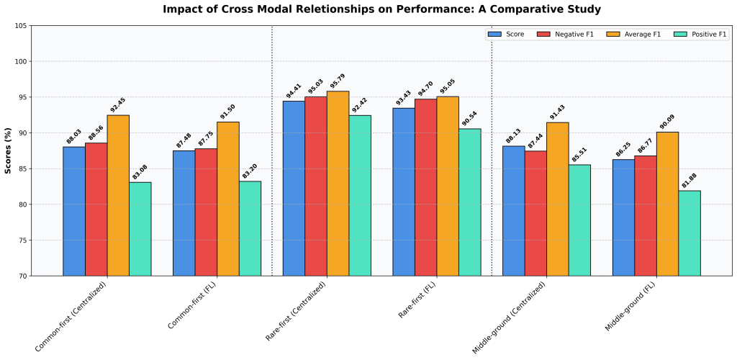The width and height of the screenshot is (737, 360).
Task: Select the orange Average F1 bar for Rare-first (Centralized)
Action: point(338,184)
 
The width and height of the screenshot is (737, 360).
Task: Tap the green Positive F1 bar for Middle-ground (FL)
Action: point(689,233)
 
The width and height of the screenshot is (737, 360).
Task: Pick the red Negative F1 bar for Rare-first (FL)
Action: point(425,187)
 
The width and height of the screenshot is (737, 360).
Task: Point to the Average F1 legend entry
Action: point(636,35)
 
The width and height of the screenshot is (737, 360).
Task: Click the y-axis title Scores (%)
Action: point(8,150)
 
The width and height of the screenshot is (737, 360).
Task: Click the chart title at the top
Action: point(381,9)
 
